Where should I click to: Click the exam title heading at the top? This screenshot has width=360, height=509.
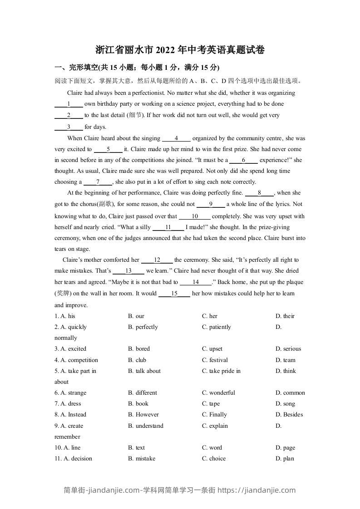pos(180,50)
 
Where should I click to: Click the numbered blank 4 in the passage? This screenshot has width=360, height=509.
pos(176,138)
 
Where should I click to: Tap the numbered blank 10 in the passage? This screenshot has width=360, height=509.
pos(195,216)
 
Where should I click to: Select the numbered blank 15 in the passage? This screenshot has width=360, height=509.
pos(174,294)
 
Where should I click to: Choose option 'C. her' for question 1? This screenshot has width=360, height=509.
pos(210,316)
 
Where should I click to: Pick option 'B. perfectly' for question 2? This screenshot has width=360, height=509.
pos(143,327)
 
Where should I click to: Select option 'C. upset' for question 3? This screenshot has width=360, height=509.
pos(212,349)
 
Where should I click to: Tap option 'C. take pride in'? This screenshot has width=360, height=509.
pos(221,371)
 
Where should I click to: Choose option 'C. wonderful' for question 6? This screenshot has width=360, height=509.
pos(218,393)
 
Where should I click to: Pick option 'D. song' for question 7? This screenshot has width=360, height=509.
pos(285,404)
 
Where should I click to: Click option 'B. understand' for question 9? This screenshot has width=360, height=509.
pos(146,426)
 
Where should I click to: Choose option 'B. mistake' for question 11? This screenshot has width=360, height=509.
pos(142,459)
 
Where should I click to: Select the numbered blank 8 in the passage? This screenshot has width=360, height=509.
pos(259,193)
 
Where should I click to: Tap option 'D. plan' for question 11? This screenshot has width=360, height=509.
pos(285,459)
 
